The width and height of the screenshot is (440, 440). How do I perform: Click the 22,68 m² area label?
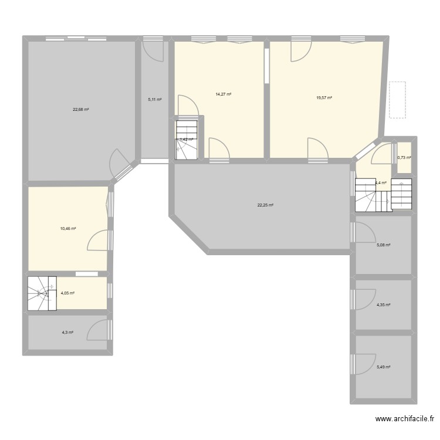tap(81, 110)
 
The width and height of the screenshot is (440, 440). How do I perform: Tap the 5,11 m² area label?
tap(154, 100)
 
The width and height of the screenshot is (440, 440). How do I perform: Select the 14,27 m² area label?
tap(224, 94)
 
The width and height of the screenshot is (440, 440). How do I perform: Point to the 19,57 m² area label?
tap(324, 98)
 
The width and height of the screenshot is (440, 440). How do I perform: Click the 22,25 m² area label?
tap(265, 205)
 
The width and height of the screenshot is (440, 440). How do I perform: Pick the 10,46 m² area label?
tap(67, 229)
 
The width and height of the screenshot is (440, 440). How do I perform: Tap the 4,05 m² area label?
tap(67, 293)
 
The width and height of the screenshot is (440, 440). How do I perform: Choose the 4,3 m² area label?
tap(67, 333)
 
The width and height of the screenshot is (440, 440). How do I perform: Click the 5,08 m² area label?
tap(384, 246)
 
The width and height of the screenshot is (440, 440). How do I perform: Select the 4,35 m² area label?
tap(384, 305)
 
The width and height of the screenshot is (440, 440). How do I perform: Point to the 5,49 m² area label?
tap(384, 367)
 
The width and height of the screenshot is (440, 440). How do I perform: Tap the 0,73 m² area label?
tap(404, 158)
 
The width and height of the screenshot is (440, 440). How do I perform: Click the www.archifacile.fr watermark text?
tap(405, 419)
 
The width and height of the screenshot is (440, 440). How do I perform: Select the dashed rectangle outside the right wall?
tap(397, 100)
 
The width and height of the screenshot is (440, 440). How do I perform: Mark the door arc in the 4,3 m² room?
tap(98, 330)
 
